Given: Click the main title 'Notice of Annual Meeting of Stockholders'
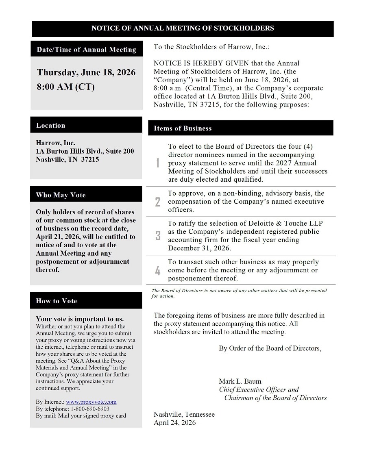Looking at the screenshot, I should (183, 28).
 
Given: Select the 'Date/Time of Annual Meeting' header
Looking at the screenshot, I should (86, 50).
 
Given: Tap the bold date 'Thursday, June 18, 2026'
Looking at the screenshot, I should (86, 72).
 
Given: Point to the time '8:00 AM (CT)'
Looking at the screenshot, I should (65, 87).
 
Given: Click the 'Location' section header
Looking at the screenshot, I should (50, 125).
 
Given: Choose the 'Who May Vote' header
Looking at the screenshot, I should (61, 195).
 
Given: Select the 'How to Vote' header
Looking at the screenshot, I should (56, 301).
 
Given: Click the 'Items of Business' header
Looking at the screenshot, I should (183, 128).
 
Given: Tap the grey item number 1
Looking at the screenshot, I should (158, 163).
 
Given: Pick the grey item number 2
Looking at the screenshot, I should (158, 202).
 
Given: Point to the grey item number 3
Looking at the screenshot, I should (158, 236).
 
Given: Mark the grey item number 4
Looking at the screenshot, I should (158, 270).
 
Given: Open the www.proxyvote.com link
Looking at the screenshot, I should (91, 402).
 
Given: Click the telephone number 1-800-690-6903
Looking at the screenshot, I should (90, 409).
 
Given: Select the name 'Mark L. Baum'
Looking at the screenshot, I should (240, 381).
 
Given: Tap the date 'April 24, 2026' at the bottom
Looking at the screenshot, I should (174, 423).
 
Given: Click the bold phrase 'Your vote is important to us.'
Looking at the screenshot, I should (80, 319).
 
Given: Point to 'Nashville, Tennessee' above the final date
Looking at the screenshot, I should (184, 415).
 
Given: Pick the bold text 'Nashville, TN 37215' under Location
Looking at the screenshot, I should (67, 159).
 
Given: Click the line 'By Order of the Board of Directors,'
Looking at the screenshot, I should (270, 348).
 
